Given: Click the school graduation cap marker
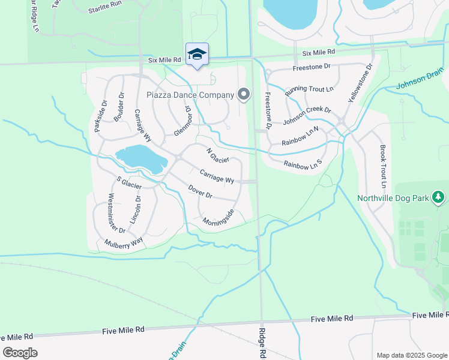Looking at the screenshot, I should coord(197,55).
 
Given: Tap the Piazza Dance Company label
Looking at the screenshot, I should coord(190,95).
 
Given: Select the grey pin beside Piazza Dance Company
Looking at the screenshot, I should coord(243,94).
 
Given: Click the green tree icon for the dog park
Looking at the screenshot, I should coord(439,197).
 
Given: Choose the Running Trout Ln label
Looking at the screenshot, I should coord(309,90).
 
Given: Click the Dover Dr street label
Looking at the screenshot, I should coord(200,191).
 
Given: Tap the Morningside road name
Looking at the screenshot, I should coord(218,218).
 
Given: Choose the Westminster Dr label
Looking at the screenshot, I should coord(116,213).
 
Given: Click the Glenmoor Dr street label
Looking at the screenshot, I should coord(181,122).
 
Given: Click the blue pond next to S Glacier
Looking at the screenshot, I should coord(141,158).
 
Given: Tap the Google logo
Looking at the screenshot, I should coord(20,353).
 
